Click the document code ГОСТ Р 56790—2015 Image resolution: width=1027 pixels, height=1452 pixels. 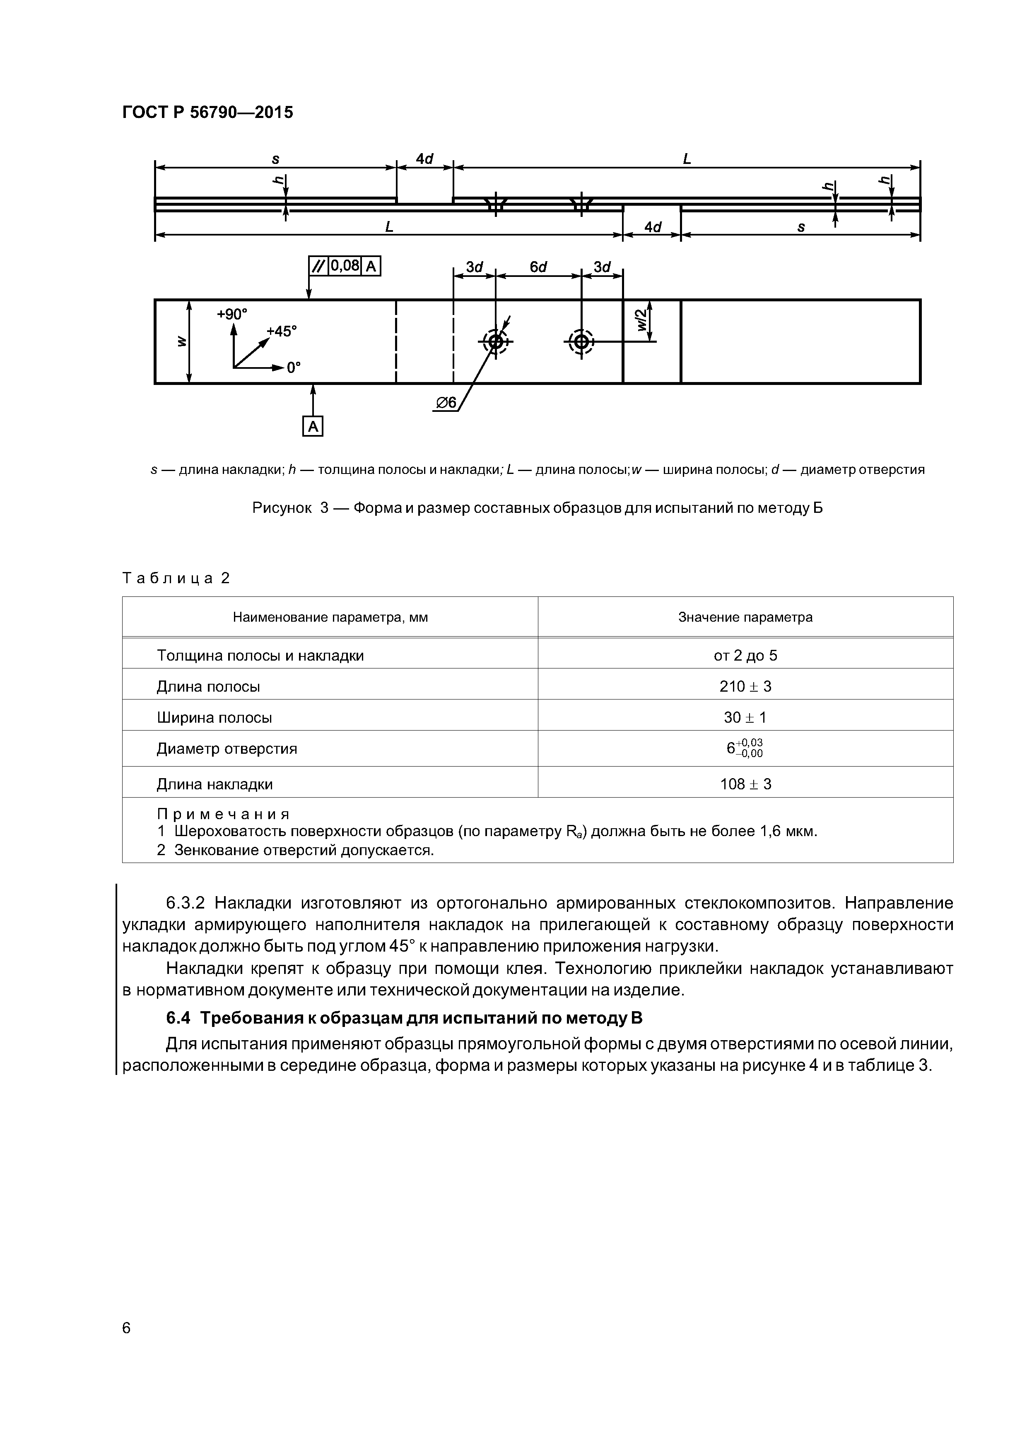[207, 113]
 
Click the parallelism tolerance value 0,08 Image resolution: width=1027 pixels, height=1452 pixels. [345, 266]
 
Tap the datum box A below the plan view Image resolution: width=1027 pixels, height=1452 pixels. [313, 427]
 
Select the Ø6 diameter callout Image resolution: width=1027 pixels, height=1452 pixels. [446, 403]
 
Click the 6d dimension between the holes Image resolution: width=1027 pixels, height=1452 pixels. [538, 267]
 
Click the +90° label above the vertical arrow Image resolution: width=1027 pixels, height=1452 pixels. [232, 314]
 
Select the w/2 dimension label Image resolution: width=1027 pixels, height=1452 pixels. [641, 320]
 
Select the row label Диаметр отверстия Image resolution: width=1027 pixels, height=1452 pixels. [227, 749]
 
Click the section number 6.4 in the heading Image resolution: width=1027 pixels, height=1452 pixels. [178, 1018]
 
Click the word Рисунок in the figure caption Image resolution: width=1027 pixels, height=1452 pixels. [282, 508]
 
